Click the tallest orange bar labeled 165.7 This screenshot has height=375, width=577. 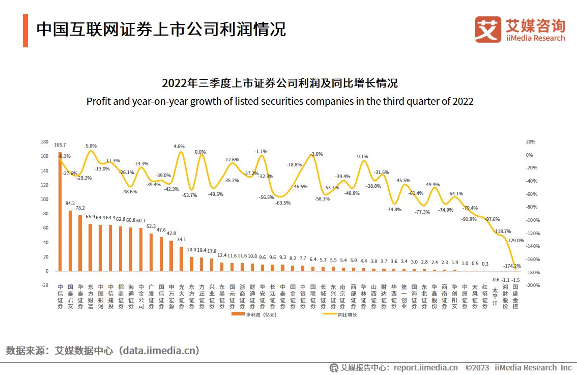click(x=60, y=211)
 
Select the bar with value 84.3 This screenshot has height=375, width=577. click(x=70, y=241)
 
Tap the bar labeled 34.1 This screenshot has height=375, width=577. click(x=182, y=259)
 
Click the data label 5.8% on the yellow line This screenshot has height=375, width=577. click(x=91, y=146)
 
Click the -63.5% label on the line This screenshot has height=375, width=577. click(x=283, y=203)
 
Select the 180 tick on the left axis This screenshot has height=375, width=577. click(x=44, y=142)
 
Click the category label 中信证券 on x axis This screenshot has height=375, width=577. click(x=60, y=297)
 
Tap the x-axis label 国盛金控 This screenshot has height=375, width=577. click(x=515, y=297)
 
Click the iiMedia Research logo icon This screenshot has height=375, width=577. click(x=488, y=30)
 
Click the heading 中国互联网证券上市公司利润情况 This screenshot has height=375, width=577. click(x=161, y=30)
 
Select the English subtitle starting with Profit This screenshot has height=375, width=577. click(x=280, y=101)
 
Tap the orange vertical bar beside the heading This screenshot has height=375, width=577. click(x=25, y=31)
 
